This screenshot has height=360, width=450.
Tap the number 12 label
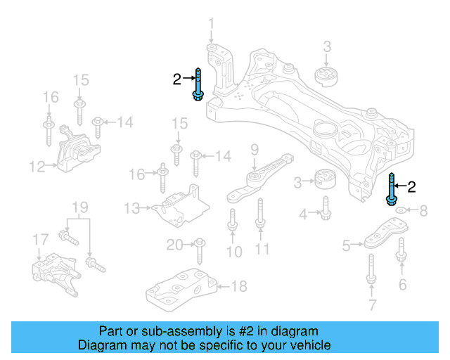pos(37,167)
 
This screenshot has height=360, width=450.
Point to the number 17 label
pos(41,240)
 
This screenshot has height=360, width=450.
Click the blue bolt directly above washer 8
pos(392,190)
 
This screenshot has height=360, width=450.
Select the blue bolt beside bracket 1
pos(198,84)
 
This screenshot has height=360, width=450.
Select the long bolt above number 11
pos(260,214)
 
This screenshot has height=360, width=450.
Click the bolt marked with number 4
pos(326,207)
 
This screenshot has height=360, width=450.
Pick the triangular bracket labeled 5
pos(383,235)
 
